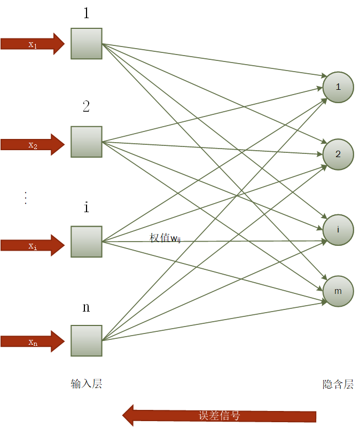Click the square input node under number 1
87,43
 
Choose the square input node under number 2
87,142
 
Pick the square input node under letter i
87,242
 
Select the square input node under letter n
87,340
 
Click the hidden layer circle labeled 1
338,87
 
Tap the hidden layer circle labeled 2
338,154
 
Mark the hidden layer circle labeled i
338,230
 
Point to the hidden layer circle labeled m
338,291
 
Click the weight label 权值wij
166,238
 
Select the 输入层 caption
86,384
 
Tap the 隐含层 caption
338,384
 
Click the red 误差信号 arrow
219,416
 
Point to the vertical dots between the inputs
25,198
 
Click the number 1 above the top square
87,13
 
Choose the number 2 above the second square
87,106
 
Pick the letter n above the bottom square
87,308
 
